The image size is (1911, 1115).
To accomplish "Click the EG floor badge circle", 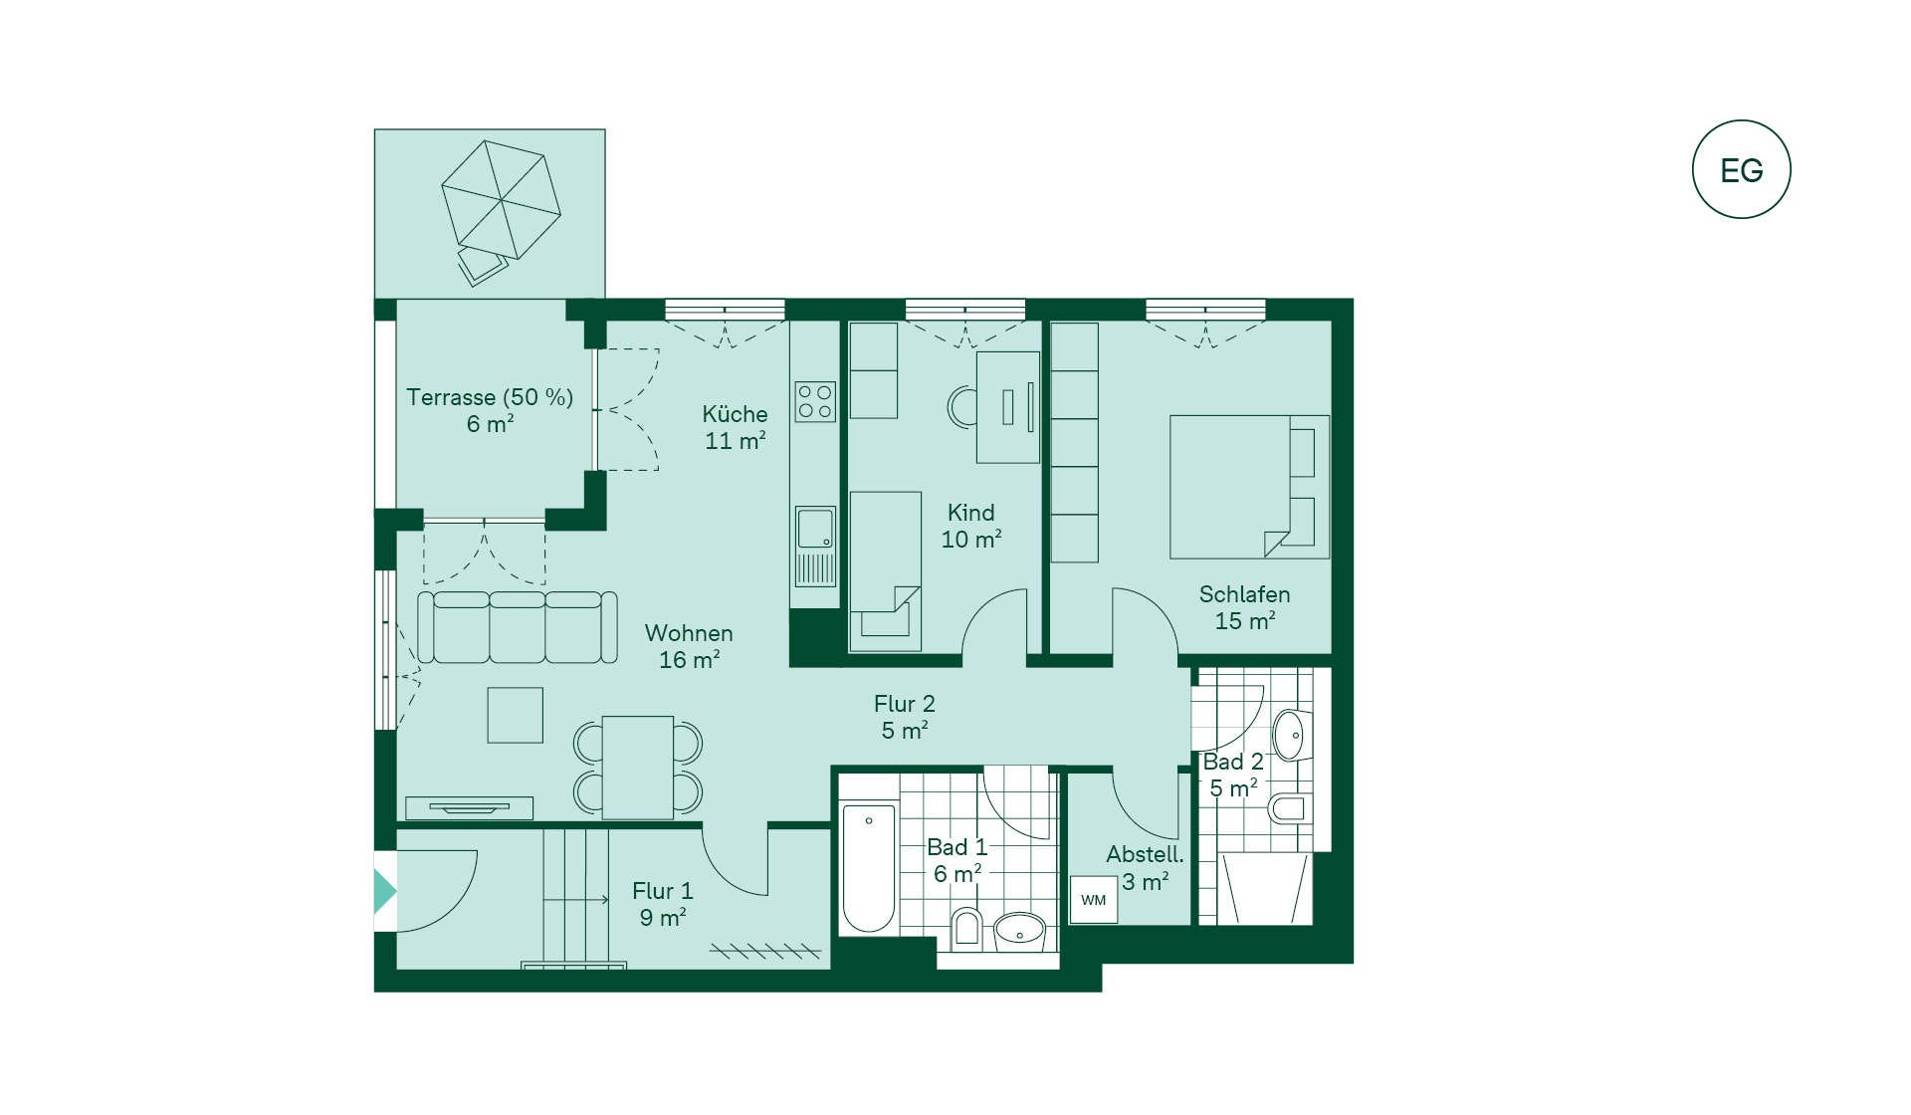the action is pyautogui.click(x=1741, y=121).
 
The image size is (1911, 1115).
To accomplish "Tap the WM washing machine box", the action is pyautogui.click(x=1094, y=899).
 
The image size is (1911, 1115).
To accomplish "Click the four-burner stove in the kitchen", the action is pyautogui.click(x=815, y=401).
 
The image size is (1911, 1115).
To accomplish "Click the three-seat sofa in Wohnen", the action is pyautogui.click(x=517, y=627).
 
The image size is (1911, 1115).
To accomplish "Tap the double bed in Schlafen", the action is pyautogui.click(x=1249, y=487).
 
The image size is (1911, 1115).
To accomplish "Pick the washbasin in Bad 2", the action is pyautogui.click(x=1291, y=736).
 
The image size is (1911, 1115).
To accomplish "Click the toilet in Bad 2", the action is pyautogui.click(x=1290, y=807).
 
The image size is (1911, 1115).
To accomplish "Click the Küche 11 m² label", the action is pyautogui.click(x=736, y=427).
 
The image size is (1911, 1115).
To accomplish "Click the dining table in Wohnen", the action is pyautogui.click(x=638, y=768).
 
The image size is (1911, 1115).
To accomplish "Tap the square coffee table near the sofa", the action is pyautogui.click(x=516, y=715).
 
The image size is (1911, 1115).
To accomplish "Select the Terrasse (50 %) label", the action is pyautogui.click(x=490, y=397).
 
